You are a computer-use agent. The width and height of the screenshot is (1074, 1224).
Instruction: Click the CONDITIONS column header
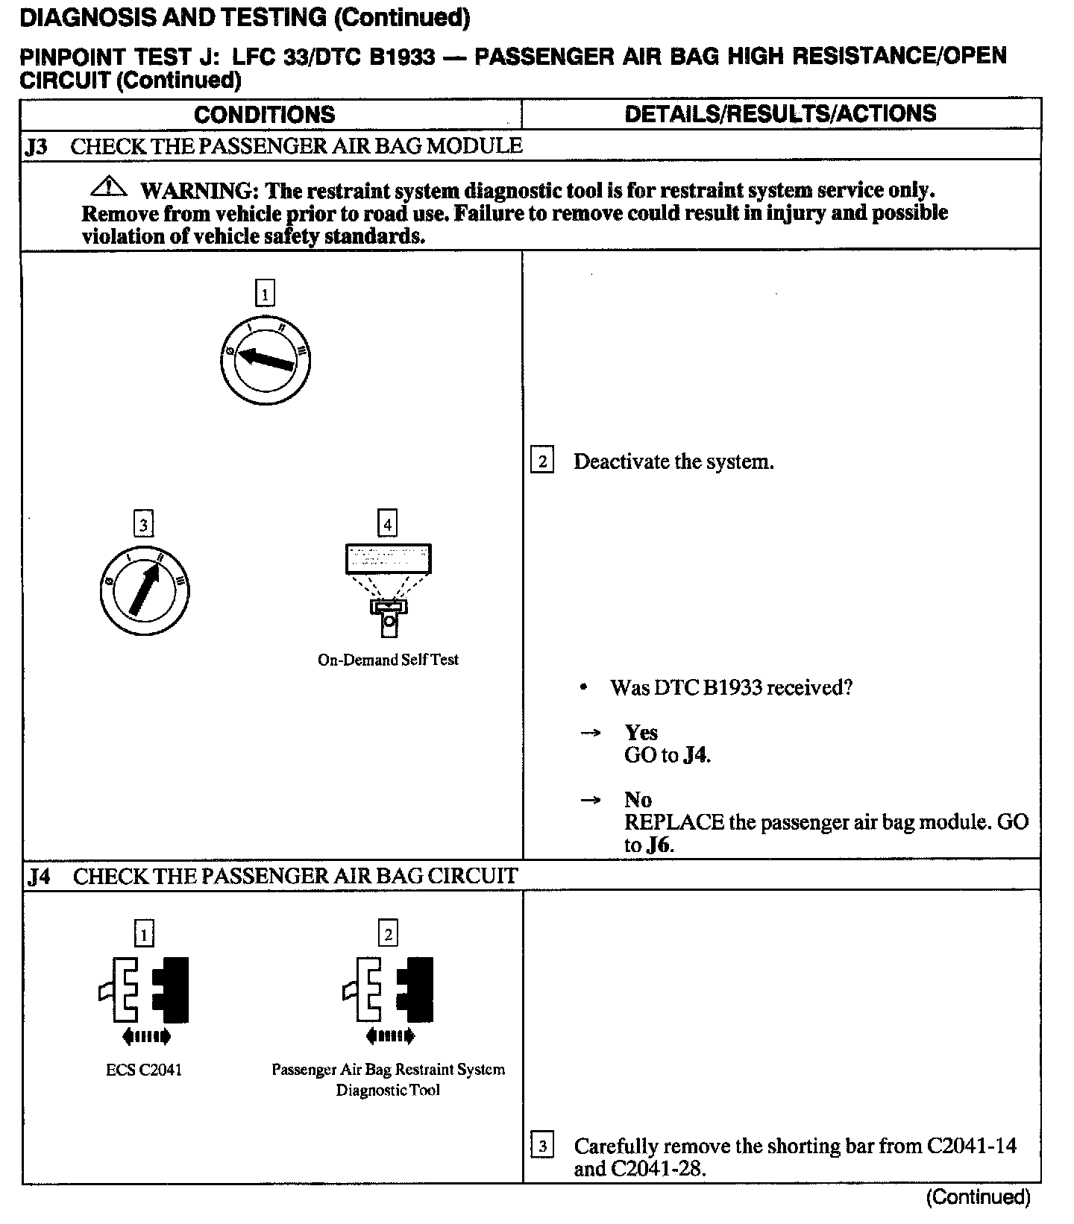(x=264, y=114)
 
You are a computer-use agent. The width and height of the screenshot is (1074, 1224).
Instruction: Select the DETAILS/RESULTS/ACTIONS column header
(x=780, y=113)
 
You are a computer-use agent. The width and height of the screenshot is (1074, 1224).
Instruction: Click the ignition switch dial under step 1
(x=265, y=362)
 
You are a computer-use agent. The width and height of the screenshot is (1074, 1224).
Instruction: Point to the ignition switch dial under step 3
(x=143, y=591)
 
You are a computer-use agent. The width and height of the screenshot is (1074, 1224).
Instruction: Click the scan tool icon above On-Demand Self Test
(x=388, y=589)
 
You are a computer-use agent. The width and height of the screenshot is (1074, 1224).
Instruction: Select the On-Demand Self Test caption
(x=388, y=660)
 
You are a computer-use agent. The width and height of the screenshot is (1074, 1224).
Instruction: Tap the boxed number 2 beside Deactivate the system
(x=542, y=461)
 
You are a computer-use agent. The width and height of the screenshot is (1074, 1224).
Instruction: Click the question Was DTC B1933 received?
(x=731, y=687)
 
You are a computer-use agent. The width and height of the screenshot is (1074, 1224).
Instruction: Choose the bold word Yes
(x=641, y=732)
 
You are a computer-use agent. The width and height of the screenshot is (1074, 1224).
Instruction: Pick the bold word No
(x=638, y=800)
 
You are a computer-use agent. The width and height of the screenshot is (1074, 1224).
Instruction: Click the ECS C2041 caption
(x=144, y=1070)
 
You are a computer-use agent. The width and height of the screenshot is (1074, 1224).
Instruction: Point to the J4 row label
(x=39, y=876)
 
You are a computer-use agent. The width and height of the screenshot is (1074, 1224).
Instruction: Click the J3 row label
(x=37, y=146)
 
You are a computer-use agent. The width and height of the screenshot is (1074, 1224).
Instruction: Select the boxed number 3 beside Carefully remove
(x=542, y=1146)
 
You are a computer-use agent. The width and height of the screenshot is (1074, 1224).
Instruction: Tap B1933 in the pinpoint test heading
(x=402, y=57)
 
